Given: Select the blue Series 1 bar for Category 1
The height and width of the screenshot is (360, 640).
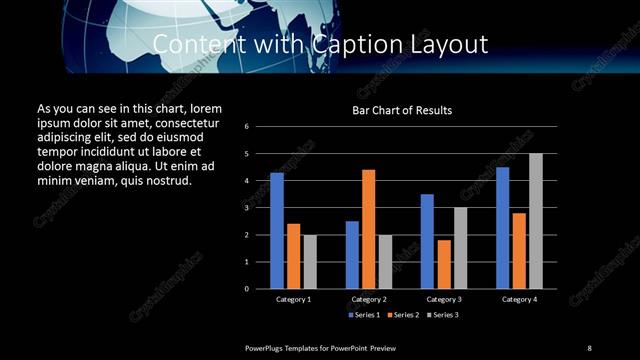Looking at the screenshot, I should pyautogui.click(x=277, y=230).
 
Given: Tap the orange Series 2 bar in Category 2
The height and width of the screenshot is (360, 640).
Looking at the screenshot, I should pyautogui.click(x=368, y=229).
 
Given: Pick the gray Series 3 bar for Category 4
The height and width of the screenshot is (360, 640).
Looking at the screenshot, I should pyautogui.click(x=536, y=221).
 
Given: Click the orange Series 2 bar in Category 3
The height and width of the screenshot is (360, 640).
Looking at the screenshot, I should pyautogui.click(x=444, y=264).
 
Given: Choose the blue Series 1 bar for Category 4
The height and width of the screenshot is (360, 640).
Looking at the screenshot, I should pyautogui.click(x=502, y=227).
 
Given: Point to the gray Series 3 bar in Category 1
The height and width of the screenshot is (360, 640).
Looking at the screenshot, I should pyautogui.click(x=310, y=261).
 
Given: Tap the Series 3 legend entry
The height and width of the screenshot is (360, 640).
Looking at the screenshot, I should pyautogui.click(x=444, y=315).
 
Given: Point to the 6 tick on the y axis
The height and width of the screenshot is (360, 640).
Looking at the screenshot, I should pyautogui.click(x=261, y=127).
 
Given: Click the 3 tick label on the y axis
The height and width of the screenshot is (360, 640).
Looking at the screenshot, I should pyautogui.click(x=261, y=208).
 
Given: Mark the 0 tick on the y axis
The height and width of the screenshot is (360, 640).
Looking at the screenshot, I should pyautogui.click(x=261, y=289).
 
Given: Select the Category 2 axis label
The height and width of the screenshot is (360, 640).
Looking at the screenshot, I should pyautogui.click(x=368, y=299).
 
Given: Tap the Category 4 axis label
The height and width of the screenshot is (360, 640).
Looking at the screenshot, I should pyautogui.click(x=519, y=299).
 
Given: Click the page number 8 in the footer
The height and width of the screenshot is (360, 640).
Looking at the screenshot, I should pyautogui.click(x=589, y=347).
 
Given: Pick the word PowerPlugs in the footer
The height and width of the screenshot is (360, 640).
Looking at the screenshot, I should pyautogui.click(x=266, y=347).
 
